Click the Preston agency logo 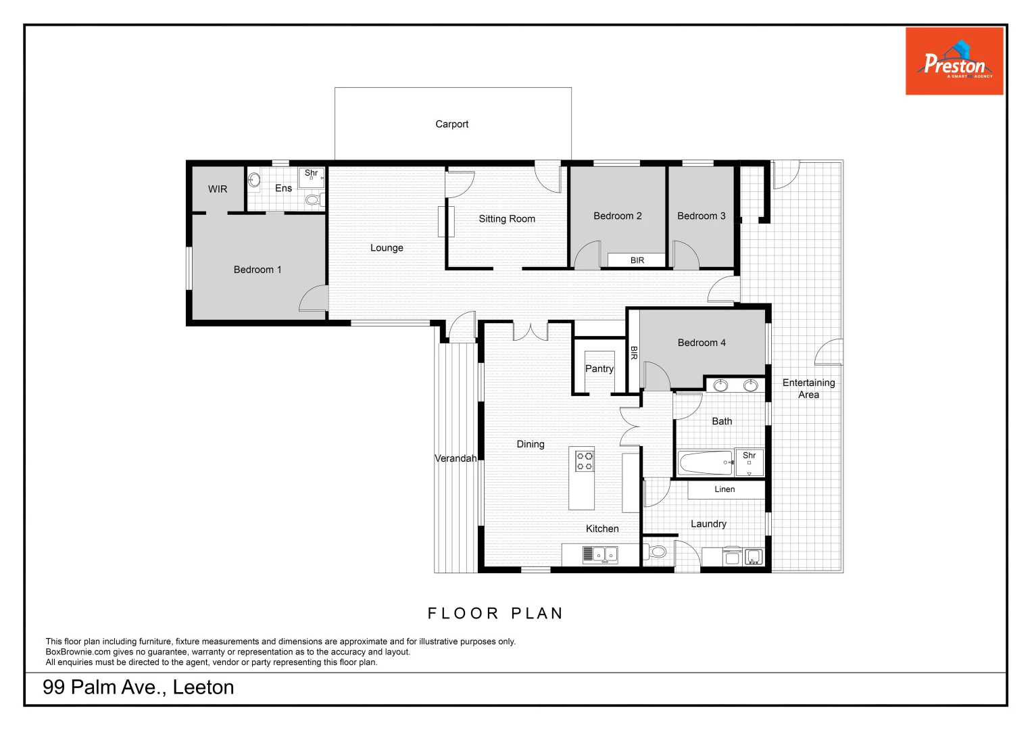tap(954, 62)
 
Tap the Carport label tap(451, 124)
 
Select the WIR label tap(218, 189)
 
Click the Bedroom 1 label tap(257, 270)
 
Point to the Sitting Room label tap(507, 219)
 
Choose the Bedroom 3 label tap(702, 216)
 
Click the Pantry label tap(599, 369)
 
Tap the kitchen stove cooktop tap(584, 461)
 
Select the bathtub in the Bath tap(706, 463)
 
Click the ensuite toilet tap(313, 200)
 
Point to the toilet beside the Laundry tap(657, 552)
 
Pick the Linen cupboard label tap(724, 489)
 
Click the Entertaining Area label tap(808, 389)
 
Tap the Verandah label tap(456, 458)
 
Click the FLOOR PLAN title tap(495, 614)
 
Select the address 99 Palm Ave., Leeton tap(139, 687)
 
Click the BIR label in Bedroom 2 tap(637, 260)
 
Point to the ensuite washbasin tap(254, 180)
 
